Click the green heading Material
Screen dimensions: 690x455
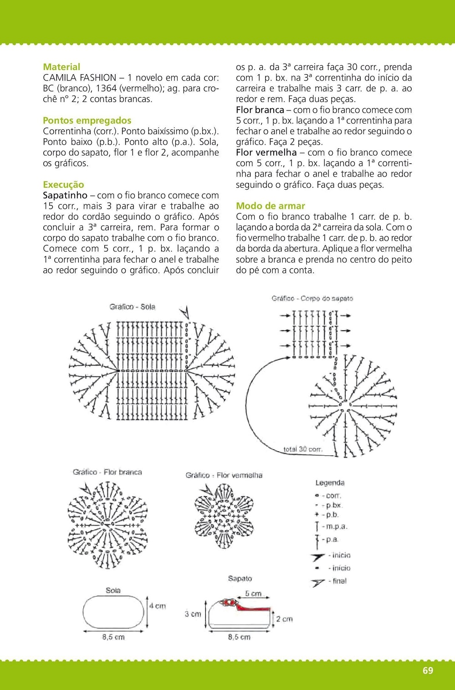pos(61,67)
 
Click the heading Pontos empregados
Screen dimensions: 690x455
pos(87,121)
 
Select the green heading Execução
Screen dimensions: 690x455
pos(63,185)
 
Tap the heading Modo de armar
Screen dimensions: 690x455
pos(271,206)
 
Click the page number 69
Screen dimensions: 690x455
pos(428,670)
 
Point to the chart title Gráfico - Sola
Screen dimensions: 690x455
pos(132,307)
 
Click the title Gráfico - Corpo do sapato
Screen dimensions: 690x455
pos(312,299)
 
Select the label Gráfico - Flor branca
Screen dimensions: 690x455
pos(107,472)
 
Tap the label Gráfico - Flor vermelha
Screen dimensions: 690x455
pos(224,475)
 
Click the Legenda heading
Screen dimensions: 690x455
pos(330,483)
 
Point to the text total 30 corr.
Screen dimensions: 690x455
pos(303,449)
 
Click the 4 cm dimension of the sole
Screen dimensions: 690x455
pos(158,606)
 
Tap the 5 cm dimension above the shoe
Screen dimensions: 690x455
pos(253,594)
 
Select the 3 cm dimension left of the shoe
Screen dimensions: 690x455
pos(193,614)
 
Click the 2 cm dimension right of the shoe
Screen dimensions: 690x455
pos(284,619)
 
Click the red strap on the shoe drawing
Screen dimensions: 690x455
pos(255,607)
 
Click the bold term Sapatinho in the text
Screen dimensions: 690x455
pos(65,196)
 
